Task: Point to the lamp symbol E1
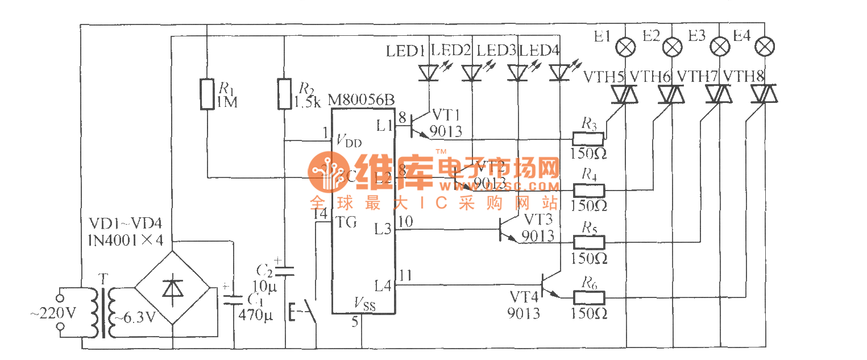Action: (626, 48)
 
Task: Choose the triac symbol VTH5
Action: (625, 94)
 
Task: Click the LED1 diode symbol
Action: (428, 73)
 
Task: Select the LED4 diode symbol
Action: (561, 73)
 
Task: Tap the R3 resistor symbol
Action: (588, 138)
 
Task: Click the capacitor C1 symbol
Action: (233, 300)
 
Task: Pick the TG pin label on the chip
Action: (346, 222)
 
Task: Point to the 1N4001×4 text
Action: (125, 241)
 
